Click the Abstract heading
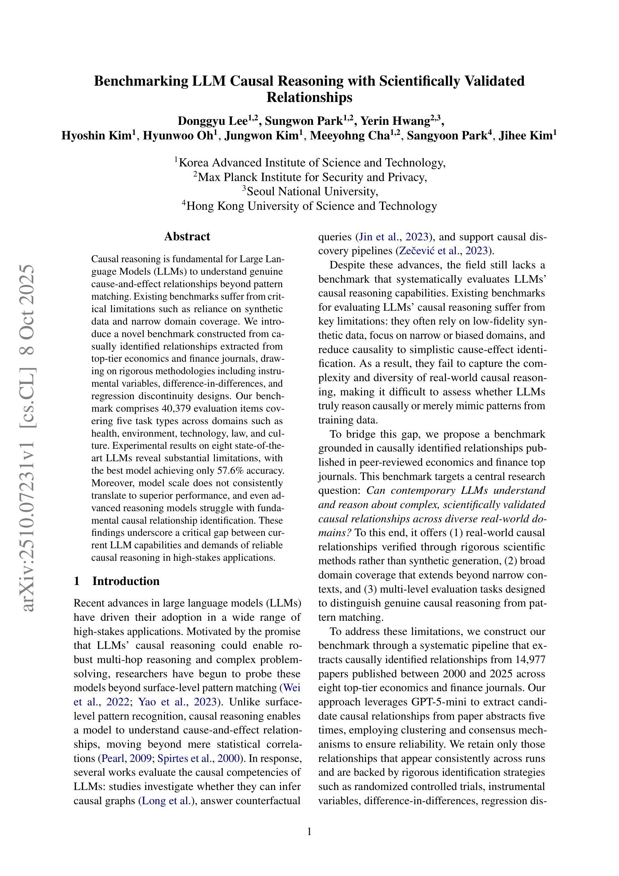point(187,237)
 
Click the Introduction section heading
point(125,581)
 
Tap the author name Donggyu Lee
point(213,121)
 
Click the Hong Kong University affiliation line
point(311,206)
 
